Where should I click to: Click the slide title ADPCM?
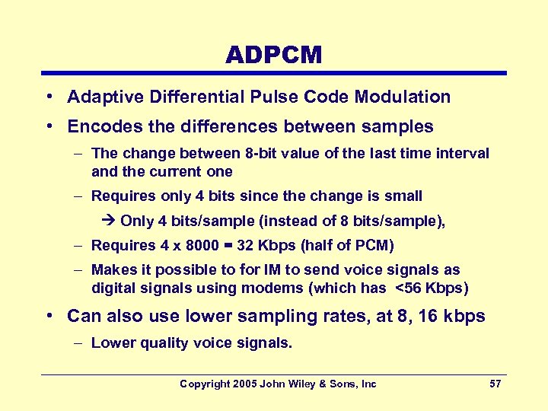point(274,55)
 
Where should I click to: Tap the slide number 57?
point(495,384)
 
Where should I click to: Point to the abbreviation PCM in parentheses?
point(374,245)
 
